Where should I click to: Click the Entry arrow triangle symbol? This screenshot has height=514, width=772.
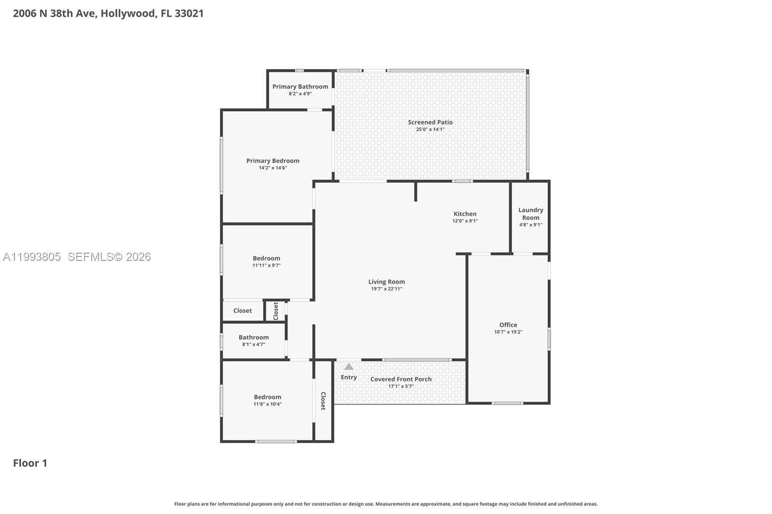click(x=348, y=367)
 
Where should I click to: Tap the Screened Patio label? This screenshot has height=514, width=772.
click(x=430, y=122)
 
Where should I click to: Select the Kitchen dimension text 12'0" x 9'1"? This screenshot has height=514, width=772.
click(x=465, y=221)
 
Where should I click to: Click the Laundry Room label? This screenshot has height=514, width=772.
click(x=530, y=214)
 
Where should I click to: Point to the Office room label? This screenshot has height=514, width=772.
click(x=508, y=325)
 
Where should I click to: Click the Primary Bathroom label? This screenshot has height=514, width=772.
click(x=300, y=86)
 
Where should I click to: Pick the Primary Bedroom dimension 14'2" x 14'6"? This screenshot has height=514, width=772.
click(x=273, y=168)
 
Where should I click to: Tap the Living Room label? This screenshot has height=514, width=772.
click(x=386, y=282)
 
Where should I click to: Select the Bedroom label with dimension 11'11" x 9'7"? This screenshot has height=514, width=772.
click(x=266, y=258)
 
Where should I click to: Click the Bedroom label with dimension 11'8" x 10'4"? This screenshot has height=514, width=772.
click(x=267, y=397)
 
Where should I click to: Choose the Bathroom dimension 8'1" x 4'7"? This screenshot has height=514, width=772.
click(x=253, y=344)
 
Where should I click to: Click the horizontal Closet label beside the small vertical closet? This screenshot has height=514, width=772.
click(x=242, y=311)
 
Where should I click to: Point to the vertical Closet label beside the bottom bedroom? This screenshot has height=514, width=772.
click(x=323, y=401)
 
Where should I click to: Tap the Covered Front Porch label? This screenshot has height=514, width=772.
click(x=401, y=379)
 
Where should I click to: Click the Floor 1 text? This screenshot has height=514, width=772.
click(x=30, y=463)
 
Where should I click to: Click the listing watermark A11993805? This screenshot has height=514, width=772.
click(x=32, y=257)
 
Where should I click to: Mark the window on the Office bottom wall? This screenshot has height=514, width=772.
click(x=507, y=403)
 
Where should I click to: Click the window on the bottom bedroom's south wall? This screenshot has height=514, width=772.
click(x=276, y=441)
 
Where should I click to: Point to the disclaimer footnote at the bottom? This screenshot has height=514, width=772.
click(x=386, y=504)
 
